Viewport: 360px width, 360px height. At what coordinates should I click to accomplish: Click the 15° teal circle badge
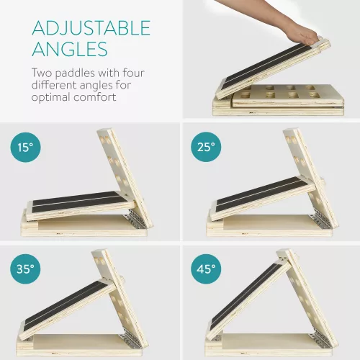[x=25, y=147]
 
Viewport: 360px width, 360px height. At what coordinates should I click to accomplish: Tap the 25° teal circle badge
[x=206, y=147]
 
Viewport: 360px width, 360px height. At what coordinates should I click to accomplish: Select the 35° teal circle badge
[x=25, y=269]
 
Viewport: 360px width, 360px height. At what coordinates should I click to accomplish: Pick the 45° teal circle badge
[x=206, y=269]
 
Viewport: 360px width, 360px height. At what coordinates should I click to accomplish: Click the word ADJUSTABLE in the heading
[x=91, y=28]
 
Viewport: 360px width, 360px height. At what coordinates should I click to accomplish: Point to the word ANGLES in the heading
[x=70, y=49]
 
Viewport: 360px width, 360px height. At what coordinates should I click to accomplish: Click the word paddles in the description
[x=75, y=73]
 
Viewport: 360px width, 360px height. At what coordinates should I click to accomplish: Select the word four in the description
[x=134, y=73]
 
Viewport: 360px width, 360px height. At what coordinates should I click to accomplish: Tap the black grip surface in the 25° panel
[x=262, y=194]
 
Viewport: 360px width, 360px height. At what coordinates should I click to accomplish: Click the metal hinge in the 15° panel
[x=138, y=218]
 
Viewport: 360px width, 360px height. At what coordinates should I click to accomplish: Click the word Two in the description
[x=42, y=73]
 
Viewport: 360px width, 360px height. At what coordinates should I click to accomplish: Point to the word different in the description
[x=53, y=85]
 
